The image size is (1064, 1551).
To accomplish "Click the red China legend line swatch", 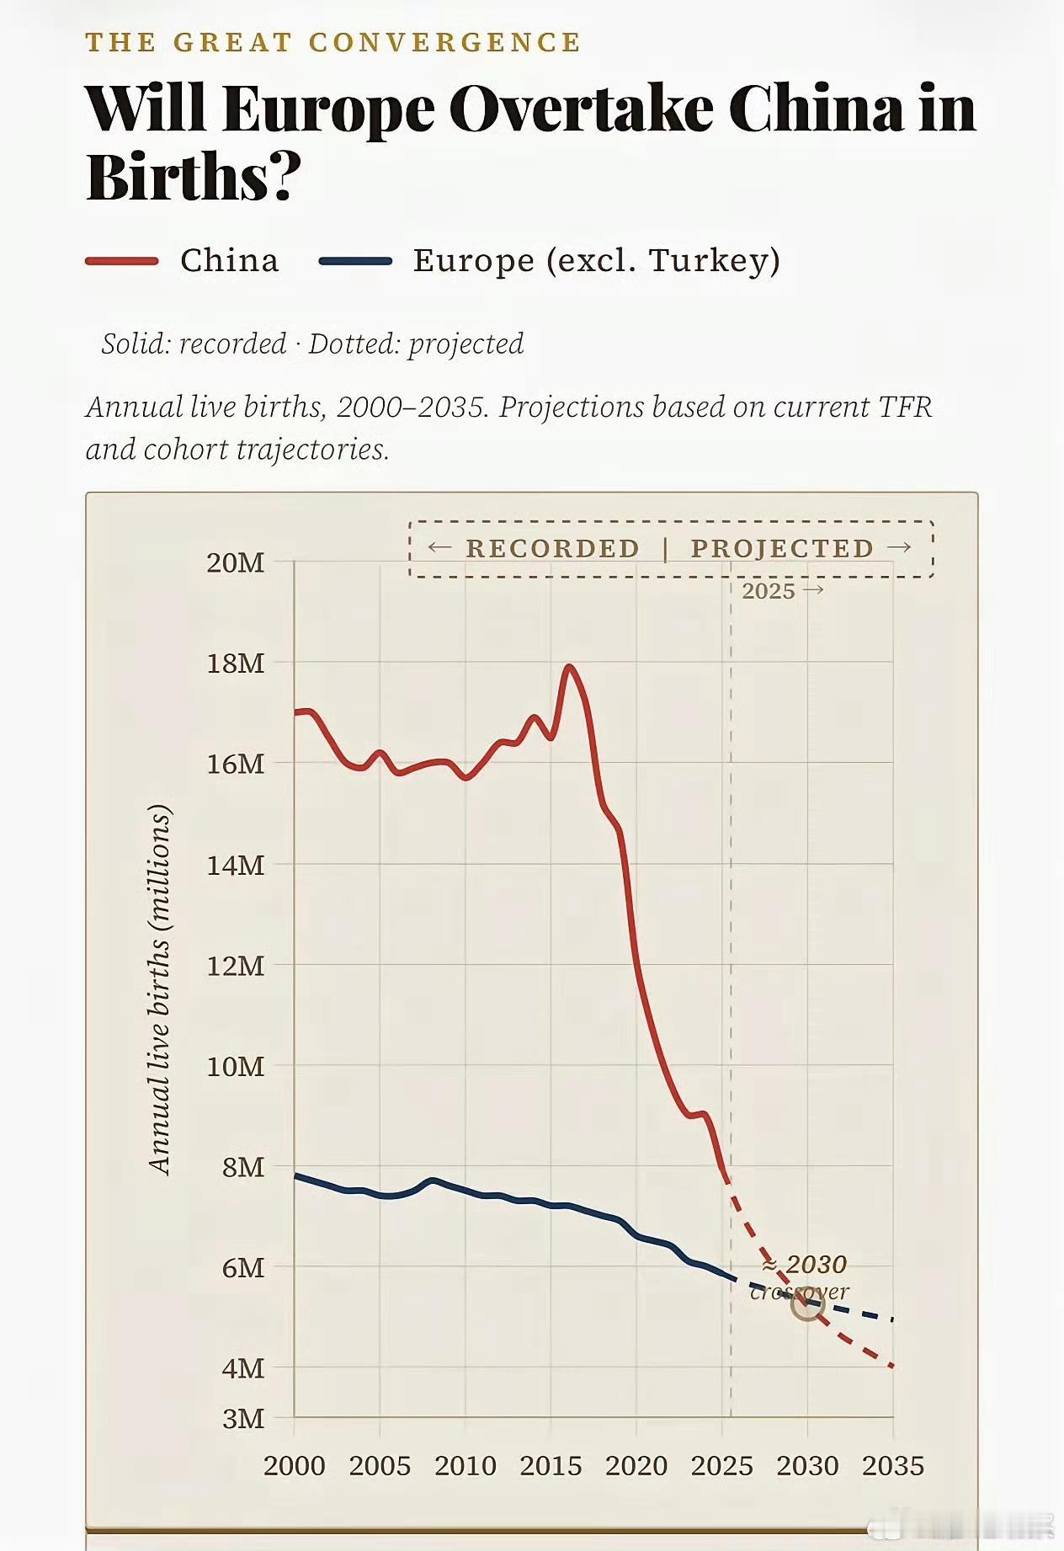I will pyautogui.click(x=122, y=261).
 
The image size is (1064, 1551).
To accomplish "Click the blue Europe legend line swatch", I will pyautogui.click(x=355, y=261).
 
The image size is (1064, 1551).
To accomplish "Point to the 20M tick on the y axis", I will pyautogui.click(x=236, y=562).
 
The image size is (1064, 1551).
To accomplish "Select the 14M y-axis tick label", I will pyautogui.click(x=236, y=865).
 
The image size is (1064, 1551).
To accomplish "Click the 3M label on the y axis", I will pyautogui.click(x=243, y=1419).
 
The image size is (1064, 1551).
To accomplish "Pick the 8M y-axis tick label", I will pyautogui.click(x=243, y=1167).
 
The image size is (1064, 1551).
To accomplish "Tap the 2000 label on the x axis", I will pyautogui.click(x=294, y=1466).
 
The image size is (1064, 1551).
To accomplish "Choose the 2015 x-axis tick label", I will pyautogui.click(x=551, y=1466).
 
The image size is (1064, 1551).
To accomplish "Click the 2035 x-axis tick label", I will pyautogui.click(x=893, y=1466).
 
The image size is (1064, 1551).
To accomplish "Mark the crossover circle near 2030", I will pyautogui.click(x=807, y=1305).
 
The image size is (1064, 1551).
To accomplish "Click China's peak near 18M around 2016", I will pyautogui.click(x=570, y=667).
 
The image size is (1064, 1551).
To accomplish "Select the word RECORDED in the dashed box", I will pyautogui.click(x=553, y=548).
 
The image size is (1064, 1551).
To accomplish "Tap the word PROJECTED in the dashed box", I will pyautogui.click(x=782, y=548).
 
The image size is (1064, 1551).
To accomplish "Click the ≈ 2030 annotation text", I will pyautogui.click(x=805, y=1265).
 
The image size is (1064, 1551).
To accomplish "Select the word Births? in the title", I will pyautogui.click(x=194, y=177).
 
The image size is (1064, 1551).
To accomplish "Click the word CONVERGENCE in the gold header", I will pyautogui.click(x=444, y=42).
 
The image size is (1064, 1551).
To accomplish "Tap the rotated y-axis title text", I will pyautogui.click(x=159, y=989).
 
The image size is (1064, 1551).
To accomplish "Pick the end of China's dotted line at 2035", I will pyautogui.click(x=892, y=1366).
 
